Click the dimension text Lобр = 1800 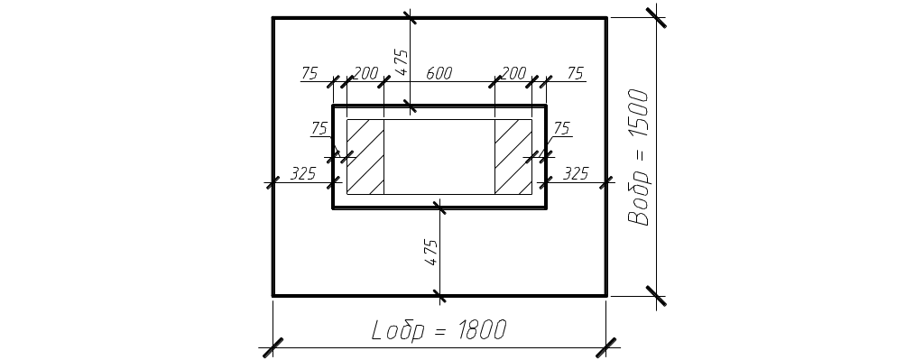439,330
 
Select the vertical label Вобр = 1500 638,157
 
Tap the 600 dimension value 439,73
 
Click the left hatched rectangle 365,157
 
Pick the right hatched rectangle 513,157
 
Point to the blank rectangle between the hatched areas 439,157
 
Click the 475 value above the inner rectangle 402,62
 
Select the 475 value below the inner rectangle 432,252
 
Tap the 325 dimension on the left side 303,173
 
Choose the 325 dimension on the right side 576,173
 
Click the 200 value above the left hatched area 365,73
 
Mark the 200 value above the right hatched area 513,73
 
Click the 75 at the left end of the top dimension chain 310,73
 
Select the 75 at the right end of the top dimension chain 575,73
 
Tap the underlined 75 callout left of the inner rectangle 319,128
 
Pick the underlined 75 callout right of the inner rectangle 561,128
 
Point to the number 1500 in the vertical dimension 638,114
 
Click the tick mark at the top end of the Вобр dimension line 657,18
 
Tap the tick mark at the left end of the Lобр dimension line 273,347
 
